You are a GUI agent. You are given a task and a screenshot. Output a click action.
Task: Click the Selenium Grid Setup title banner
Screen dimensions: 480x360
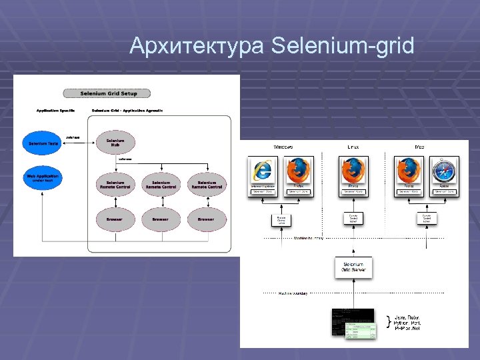pos(106,93)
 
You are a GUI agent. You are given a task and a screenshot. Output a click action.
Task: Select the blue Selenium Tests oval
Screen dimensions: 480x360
pos(43,143)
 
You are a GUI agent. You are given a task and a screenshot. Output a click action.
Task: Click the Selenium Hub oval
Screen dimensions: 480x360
pos(115,142)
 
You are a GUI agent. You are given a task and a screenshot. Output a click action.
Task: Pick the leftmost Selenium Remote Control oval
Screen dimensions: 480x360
pos(115,184)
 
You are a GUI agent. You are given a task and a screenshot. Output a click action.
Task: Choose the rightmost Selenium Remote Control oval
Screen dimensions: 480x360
pos(207,184)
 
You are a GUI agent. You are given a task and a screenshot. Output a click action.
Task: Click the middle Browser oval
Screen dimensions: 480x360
pos(160,219)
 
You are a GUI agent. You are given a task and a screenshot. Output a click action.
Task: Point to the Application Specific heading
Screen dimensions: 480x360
pos(55,109)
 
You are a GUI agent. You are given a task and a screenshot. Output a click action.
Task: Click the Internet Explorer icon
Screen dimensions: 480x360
pos(263,171)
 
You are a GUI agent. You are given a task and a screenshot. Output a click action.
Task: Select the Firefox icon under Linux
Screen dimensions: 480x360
pos(353,171)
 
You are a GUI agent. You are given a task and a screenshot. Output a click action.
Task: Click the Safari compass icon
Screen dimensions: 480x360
pos(444,171)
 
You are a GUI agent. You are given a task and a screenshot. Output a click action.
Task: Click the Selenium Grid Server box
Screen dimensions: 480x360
pos(353,268)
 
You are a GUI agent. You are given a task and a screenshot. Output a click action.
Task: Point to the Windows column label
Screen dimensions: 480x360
pos(283,146)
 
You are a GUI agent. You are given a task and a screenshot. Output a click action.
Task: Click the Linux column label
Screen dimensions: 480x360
pos(354,146)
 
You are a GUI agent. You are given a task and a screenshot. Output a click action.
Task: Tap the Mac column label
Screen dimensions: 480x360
pos(419,146)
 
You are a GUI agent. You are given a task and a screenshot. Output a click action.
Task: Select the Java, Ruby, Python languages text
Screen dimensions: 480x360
pos(410,323)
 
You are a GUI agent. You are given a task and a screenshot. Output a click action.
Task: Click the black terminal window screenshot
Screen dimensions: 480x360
pos(352,321)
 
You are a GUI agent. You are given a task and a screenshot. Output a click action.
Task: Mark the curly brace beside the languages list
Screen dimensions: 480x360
pos(389,323)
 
